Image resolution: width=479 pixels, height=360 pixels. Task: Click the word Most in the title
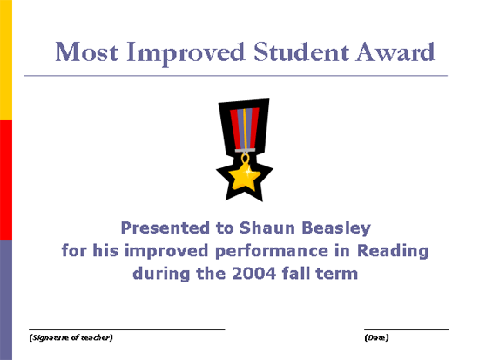[x=86, y=52]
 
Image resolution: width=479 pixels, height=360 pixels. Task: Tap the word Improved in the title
[x=186, y=53]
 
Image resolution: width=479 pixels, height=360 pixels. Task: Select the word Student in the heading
[x=301, y=51]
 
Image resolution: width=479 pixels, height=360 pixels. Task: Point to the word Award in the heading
[x=395, y=51]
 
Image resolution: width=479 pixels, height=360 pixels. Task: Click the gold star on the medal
[x=245, y=177]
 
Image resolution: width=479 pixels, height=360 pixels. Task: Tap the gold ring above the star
[x=245, y=158]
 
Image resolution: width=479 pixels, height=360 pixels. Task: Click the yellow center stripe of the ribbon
[x=245, y=129]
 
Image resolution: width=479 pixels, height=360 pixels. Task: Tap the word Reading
[x=393, y=251]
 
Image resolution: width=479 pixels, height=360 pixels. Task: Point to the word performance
[x=272, y=251]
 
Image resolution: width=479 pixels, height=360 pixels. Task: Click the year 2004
[x=253, y=274]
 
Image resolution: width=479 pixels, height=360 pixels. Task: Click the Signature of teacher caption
[x=71, y=337]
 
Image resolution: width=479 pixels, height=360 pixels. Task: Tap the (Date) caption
[x=376, y=337]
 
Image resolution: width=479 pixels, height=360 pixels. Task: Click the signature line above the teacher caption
[x=127, y=329]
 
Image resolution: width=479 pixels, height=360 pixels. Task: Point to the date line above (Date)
[x=407, y=329]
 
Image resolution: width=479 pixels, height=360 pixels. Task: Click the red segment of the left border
[x=6, y=180]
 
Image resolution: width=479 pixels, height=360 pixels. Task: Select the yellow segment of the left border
[x=6, y=60]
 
